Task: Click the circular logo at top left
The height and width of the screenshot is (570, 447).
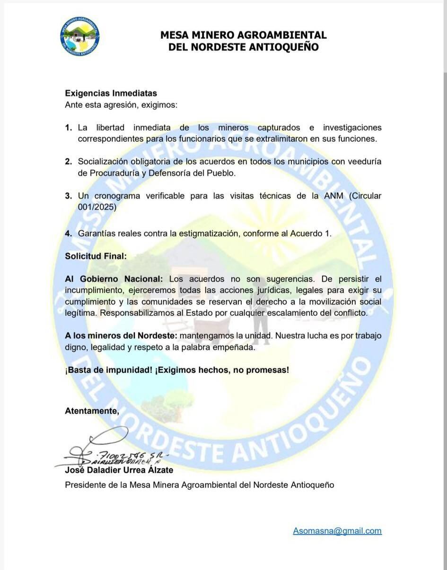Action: coord(80,36)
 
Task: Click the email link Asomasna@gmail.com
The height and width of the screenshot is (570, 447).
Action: coord(337,531)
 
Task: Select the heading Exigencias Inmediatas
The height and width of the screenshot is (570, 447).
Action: coord(111,94)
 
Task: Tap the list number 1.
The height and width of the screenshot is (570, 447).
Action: coord(69,128)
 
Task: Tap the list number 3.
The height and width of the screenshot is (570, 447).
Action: coord(69,196)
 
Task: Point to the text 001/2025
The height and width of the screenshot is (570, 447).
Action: coord(96,207)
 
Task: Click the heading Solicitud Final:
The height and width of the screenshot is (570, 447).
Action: coord(96,256)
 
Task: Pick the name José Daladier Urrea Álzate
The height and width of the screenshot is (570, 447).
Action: coord(119,470)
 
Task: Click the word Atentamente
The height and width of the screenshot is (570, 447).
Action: coord(91,411)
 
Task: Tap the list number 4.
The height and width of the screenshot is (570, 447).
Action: coord(69,233)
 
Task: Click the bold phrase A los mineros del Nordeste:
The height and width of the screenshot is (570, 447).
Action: coord(121,336)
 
